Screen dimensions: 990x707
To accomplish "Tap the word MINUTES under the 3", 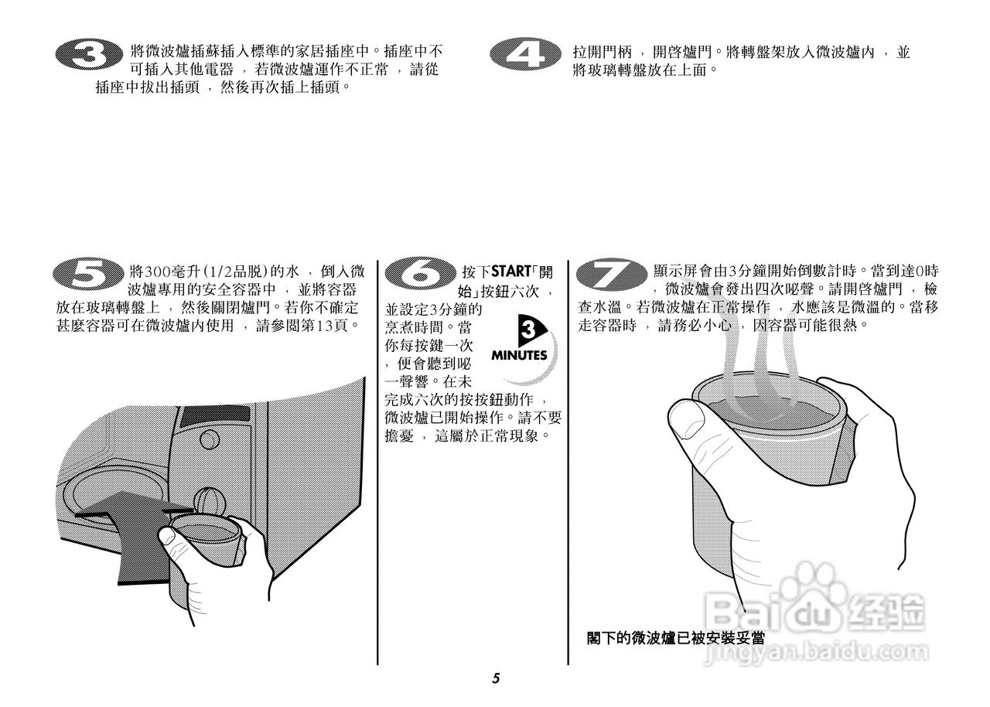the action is [519, 356].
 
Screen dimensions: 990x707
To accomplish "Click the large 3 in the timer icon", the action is [528, 331].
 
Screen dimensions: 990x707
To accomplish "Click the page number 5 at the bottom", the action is [496, 679].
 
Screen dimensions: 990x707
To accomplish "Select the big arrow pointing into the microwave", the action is [131, 526].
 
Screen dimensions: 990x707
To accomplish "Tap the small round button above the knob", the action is [208, 439].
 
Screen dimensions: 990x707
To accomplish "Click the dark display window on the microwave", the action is [212, 417].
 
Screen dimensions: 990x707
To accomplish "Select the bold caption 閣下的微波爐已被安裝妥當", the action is [676, 639].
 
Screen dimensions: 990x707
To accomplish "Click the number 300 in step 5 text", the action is [156, 272].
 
